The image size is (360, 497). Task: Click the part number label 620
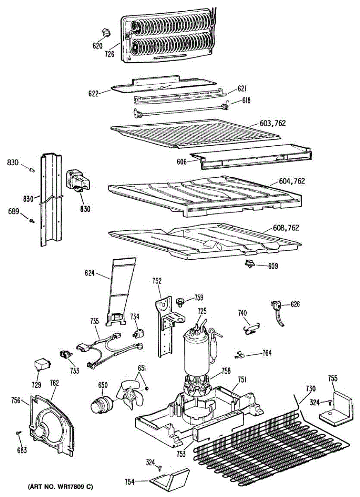[97, 46]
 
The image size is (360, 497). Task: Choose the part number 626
[295, 304]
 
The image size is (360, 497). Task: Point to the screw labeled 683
[18, 433]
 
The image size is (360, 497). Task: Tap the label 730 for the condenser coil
[310, 388]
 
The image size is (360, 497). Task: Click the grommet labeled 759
[180, 300]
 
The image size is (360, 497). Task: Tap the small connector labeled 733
[65, 355]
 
